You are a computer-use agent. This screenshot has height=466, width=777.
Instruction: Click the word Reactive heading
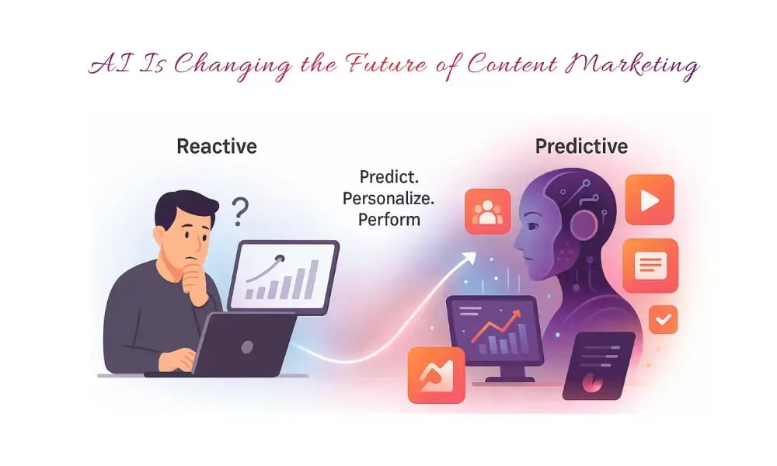(216, 146)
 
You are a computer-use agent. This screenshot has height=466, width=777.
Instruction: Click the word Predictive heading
(581, 146)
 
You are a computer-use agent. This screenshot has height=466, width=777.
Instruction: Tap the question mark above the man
(241, 209)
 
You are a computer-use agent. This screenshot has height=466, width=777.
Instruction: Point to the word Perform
(388, 219)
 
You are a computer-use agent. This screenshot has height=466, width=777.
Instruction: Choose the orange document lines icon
(650, 265)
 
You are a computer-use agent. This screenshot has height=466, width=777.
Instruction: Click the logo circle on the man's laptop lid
(246, 341)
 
